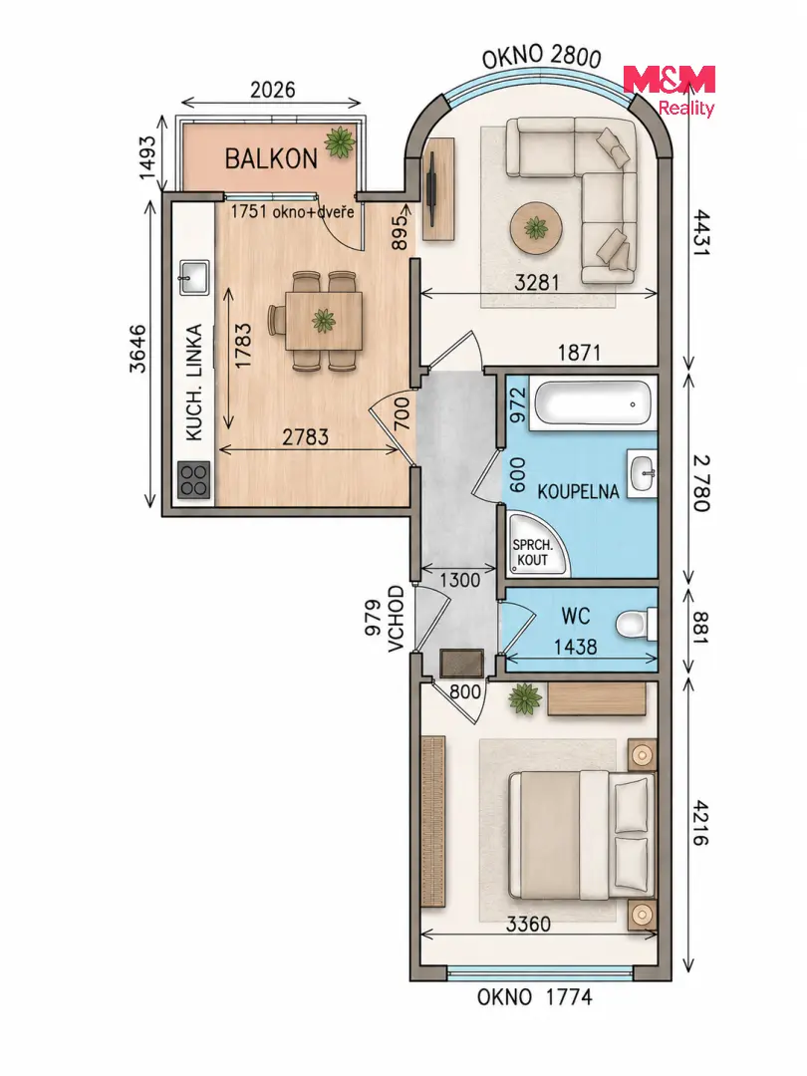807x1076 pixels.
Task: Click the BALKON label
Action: coord(271,158)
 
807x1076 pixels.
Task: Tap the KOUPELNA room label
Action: coord(578,491)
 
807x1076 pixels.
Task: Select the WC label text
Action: coord(575,616)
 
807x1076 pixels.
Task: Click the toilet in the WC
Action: coord(636,625)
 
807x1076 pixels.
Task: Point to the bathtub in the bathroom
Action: coord(592,403)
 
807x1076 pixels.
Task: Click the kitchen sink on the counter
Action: coord(194,277)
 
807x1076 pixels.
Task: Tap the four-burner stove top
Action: coord(194,479)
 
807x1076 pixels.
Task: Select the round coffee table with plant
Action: coord(536,227)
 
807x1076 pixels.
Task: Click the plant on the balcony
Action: coord(340,142)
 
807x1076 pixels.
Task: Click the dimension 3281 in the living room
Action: coord(537,282)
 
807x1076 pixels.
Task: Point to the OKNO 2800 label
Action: coord(541,57)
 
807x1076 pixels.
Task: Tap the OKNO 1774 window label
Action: coord(535,996)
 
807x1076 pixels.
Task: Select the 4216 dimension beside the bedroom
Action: coord(700,822)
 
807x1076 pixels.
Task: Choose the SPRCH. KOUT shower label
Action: coord(532,552)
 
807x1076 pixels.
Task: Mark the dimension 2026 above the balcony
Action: coord(272,90)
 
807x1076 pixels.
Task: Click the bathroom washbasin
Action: coord(644,472)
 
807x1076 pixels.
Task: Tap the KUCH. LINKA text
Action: coord(195,383)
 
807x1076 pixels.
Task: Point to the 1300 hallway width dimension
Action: coord(459,580)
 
